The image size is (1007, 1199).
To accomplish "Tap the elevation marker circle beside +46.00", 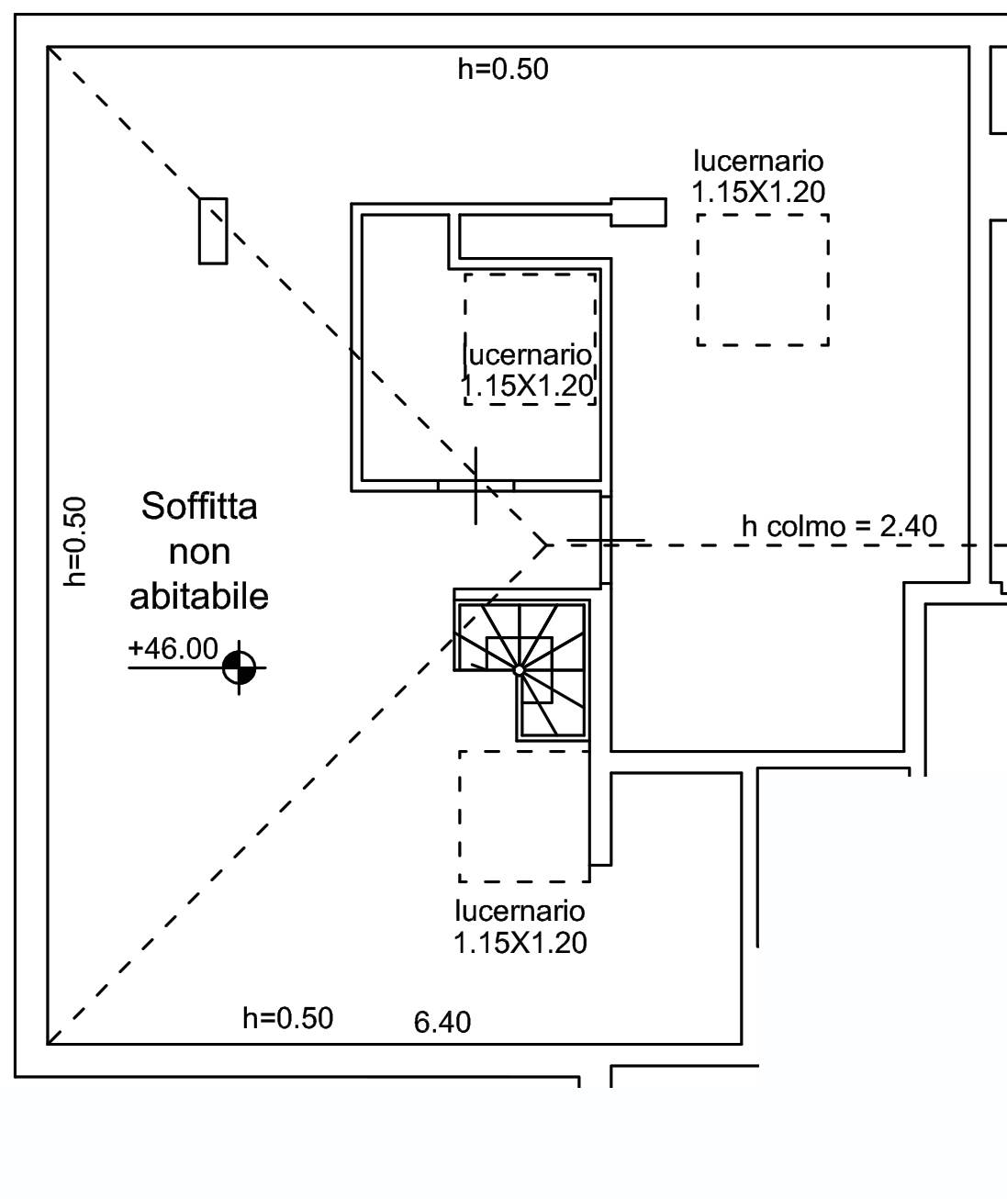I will (240, 667).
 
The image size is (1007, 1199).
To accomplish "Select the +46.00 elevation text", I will (173, 649).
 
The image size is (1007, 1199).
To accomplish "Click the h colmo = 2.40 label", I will (839, 526).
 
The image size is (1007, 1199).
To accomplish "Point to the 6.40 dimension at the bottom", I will (442, 1022).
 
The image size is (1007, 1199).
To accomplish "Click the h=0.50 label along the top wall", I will (503, 69).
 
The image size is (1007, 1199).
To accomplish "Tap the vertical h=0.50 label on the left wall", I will (76, 541).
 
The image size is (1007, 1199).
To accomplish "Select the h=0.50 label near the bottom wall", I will (287, 1018).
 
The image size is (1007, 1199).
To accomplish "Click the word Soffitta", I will (199, 507).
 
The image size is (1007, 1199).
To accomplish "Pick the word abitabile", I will (199, 597).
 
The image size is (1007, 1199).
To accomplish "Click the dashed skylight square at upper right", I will (763, 280).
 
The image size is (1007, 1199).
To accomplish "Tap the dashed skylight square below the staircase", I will (524, 816).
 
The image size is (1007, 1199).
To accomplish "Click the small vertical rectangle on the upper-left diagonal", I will (213, 231).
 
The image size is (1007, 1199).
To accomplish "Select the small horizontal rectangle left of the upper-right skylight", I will (638, 212).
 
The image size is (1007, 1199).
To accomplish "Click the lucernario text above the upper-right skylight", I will (758, 162).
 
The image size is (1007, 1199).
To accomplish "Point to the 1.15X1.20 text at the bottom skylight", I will (520, 943).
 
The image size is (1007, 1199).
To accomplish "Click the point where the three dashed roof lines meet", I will (547, 545).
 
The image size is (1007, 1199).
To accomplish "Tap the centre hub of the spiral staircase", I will (519, 671).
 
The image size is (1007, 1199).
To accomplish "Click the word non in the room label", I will (199, 553).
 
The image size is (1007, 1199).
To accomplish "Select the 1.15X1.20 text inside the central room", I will (529, 387).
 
